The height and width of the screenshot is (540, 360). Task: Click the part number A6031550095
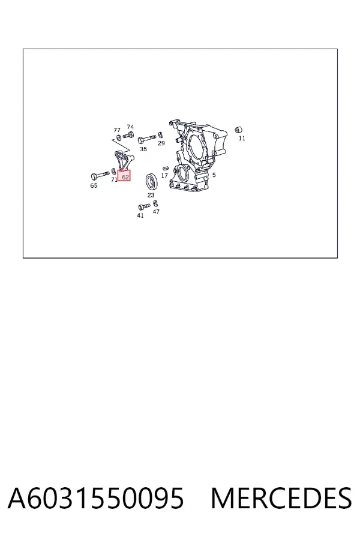[x=96, y=498]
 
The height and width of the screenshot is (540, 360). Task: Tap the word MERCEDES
[x=281, y=498]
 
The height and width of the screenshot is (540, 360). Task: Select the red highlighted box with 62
[x=124, y=176]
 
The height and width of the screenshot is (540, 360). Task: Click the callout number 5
[x=214, y=175]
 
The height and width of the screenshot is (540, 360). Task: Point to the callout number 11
[x=242, y=138]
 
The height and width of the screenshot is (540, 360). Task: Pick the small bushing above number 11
[x=238, y=130]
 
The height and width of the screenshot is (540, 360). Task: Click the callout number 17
[x=164, y=176]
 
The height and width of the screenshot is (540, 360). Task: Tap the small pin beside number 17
[x=165, y=168]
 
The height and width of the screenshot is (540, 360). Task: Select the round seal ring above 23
[x=152, y=181]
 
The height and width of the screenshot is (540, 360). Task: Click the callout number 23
[x=151, y=195]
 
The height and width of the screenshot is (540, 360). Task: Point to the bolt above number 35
[x=146, y=139]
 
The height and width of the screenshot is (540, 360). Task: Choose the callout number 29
[x=161, y=143]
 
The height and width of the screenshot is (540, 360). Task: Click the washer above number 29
[x=160, y=134]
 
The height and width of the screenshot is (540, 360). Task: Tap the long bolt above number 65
[x=100, y=175]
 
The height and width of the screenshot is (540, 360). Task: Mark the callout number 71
[x=114, y=180]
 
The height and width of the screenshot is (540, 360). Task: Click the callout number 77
[x=117, y=130]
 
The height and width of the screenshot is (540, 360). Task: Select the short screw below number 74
[x=128, y=136]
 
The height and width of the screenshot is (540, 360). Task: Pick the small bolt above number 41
[x=144, y=206]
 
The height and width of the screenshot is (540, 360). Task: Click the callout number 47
[x=156, y=211]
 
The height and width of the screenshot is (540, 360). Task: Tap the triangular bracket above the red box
[x=123, y=160]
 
